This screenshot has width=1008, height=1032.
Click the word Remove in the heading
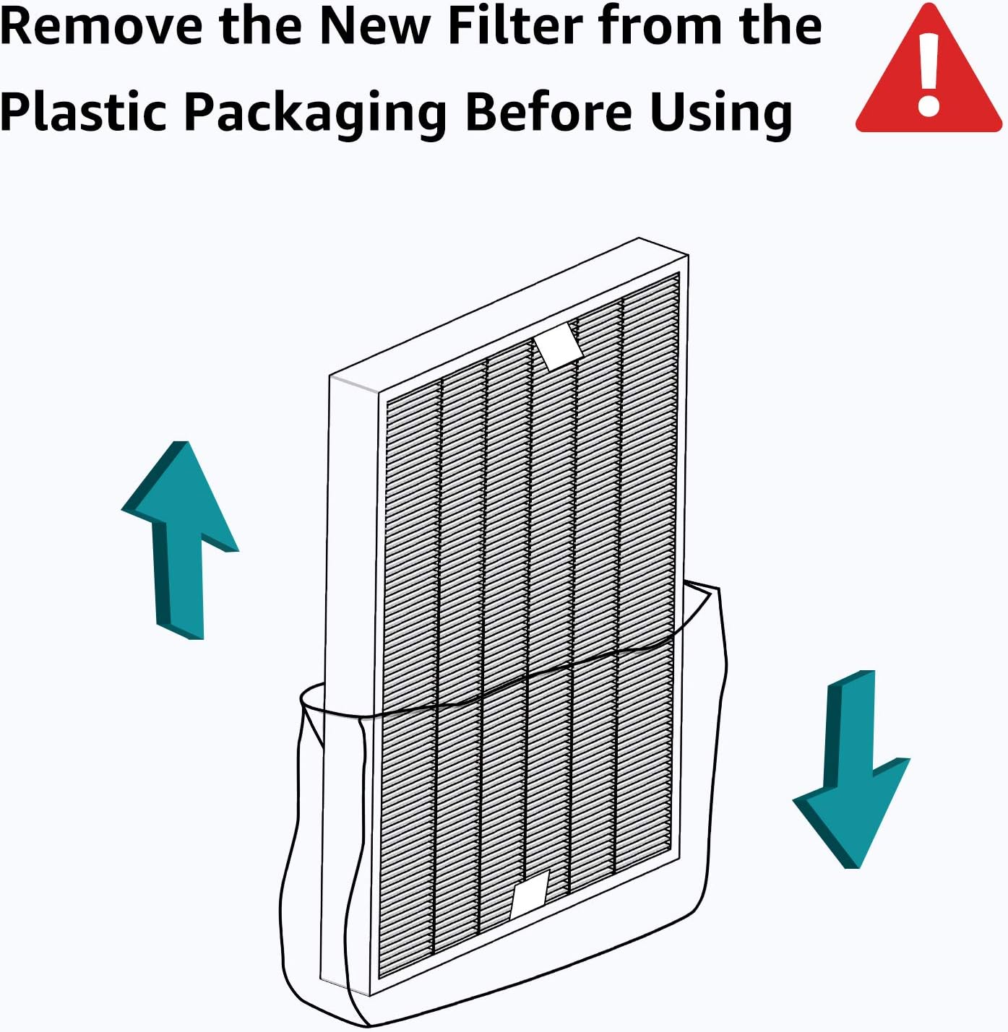(x=101, y=27)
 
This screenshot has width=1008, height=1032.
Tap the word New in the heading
(x=375, y=27)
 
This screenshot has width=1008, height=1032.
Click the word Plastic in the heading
(x=83, y=112)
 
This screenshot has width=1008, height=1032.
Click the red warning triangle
(x=928, y=79)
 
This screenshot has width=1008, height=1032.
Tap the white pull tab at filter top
(x=559, y=346)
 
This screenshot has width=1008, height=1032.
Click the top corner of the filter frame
(x=639, y=239)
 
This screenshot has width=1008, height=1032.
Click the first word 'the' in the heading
(x=259, y=27)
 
